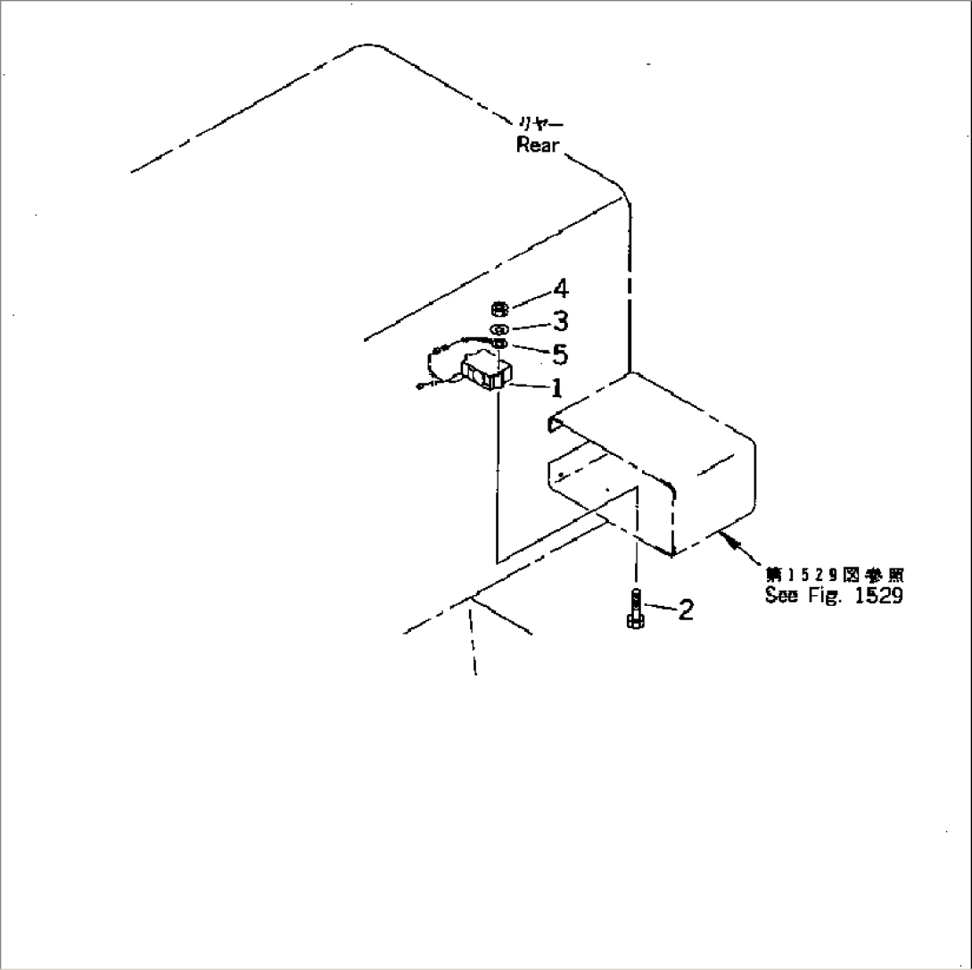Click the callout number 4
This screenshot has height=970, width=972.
point(560,289)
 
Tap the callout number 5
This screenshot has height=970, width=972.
point(560,354)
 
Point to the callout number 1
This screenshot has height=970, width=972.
point(556,388)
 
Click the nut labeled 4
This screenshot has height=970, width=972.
point(499,310)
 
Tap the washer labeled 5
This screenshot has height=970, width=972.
point(499,344)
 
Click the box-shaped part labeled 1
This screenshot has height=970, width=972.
point(485,371)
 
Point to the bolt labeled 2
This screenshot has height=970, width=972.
point(634,610)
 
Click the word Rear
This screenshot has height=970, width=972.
point(538,145)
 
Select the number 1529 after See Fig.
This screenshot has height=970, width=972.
point(877,596)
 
